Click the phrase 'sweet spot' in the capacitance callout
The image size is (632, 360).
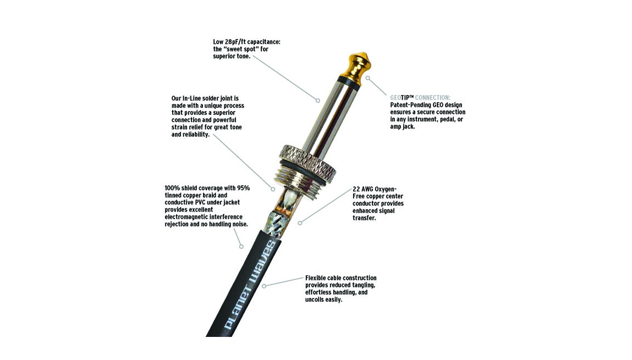pyautogui.click(x=240, y=49)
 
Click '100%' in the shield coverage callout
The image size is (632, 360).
pyautogui.click(x=172, y=188)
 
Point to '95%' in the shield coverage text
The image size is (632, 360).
pyautogui.click(x=243, y=188)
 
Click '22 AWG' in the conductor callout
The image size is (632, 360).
pyautogui.click(x=363, y=189)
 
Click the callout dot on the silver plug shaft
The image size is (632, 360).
pyautogui.click(x=317, y=100)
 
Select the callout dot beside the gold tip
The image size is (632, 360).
pyautogui.click(x=367, y=78)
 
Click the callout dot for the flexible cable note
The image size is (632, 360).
pyautogui.click(x=264, y=286)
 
